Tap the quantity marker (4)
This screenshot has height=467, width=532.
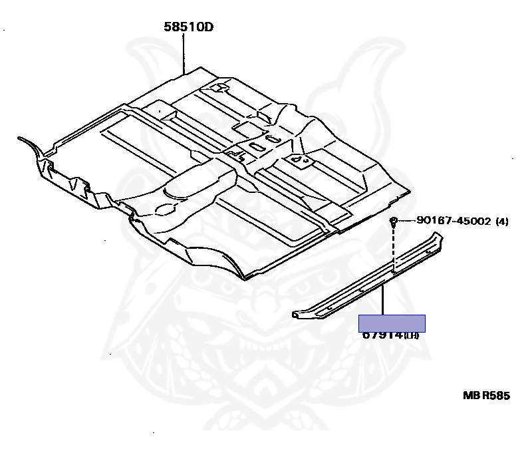501,222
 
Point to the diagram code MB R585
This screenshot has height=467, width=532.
486,395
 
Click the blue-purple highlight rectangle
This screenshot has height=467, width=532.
392,323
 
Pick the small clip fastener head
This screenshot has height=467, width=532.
394,221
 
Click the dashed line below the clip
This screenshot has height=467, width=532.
394,249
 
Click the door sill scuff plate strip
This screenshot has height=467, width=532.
372,279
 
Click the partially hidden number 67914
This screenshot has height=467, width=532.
383,335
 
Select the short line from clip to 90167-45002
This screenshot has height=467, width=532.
407,221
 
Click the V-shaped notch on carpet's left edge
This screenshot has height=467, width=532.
75,182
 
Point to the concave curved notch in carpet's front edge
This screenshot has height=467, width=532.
213,256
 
